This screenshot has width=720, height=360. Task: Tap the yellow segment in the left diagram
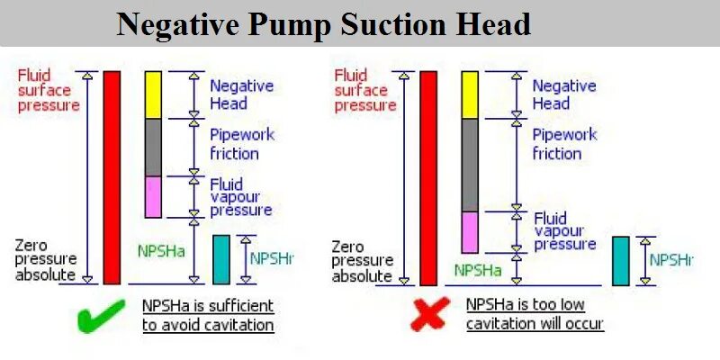153,94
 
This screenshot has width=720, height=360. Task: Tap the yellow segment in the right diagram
469,94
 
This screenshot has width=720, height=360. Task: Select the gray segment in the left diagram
153,147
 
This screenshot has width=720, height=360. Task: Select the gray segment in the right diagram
469,165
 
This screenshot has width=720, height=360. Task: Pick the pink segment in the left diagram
153,196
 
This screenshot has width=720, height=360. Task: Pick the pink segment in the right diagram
469,232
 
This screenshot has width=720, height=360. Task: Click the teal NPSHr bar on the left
221,259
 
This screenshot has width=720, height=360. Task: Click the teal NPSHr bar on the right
621,260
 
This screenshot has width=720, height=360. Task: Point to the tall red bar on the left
112,177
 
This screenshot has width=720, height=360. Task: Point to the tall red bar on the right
427,177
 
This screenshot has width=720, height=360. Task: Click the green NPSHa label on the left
161,251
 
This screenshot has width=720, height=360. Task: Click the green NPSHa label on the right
478,269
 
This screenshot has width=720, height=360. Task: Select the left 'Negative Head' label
240,94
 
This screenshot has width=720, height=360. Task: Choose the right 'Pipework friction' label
563,144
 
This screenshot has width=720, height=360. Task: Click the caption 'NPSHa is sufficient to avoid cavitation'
208,315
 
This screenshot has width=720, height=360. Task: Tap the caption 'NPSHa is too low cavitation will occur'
534,315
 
